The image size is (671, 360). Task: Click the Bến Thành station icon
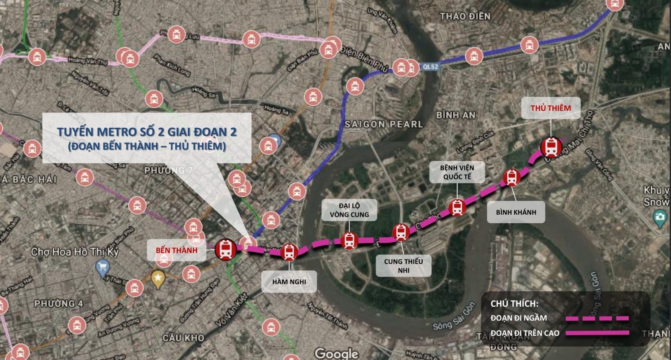[226, 249]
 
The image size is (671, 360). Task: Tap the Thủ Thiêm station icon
[550, 147]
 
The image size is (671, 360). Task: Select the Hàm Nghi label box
[289, 282]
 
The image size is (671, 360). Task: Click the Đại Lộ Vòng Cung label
[349, 210]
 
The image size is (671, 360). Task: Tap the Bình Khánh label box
[516, 212]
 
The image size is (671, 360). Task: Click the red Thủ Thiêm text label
[550, 108]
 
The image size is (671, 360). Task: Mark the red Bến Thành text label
[176, 250]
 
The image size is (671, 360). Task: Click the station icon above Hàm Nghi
[290, 252]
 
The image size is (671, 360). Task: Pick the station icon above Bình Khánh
[511, 178]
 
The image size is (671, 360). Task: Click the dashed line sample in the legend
[597, 318]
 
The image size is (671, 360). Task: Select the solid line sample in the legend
[597, 333]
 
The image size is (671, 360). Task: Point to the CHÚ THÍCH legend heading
[514, 304]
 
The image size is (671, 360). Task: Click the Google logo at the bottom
[336, 353]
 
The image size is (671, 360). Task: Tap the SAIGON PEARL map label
[384, 124]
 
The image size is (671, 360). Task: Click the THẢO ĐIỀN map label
[465, 17]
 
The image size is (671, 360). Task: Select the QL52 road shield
[430, 67]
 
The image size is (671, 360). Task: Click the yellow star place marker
[158, 278]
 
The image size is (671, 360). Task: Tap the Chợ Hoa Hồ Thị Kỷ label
[74, 252]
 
